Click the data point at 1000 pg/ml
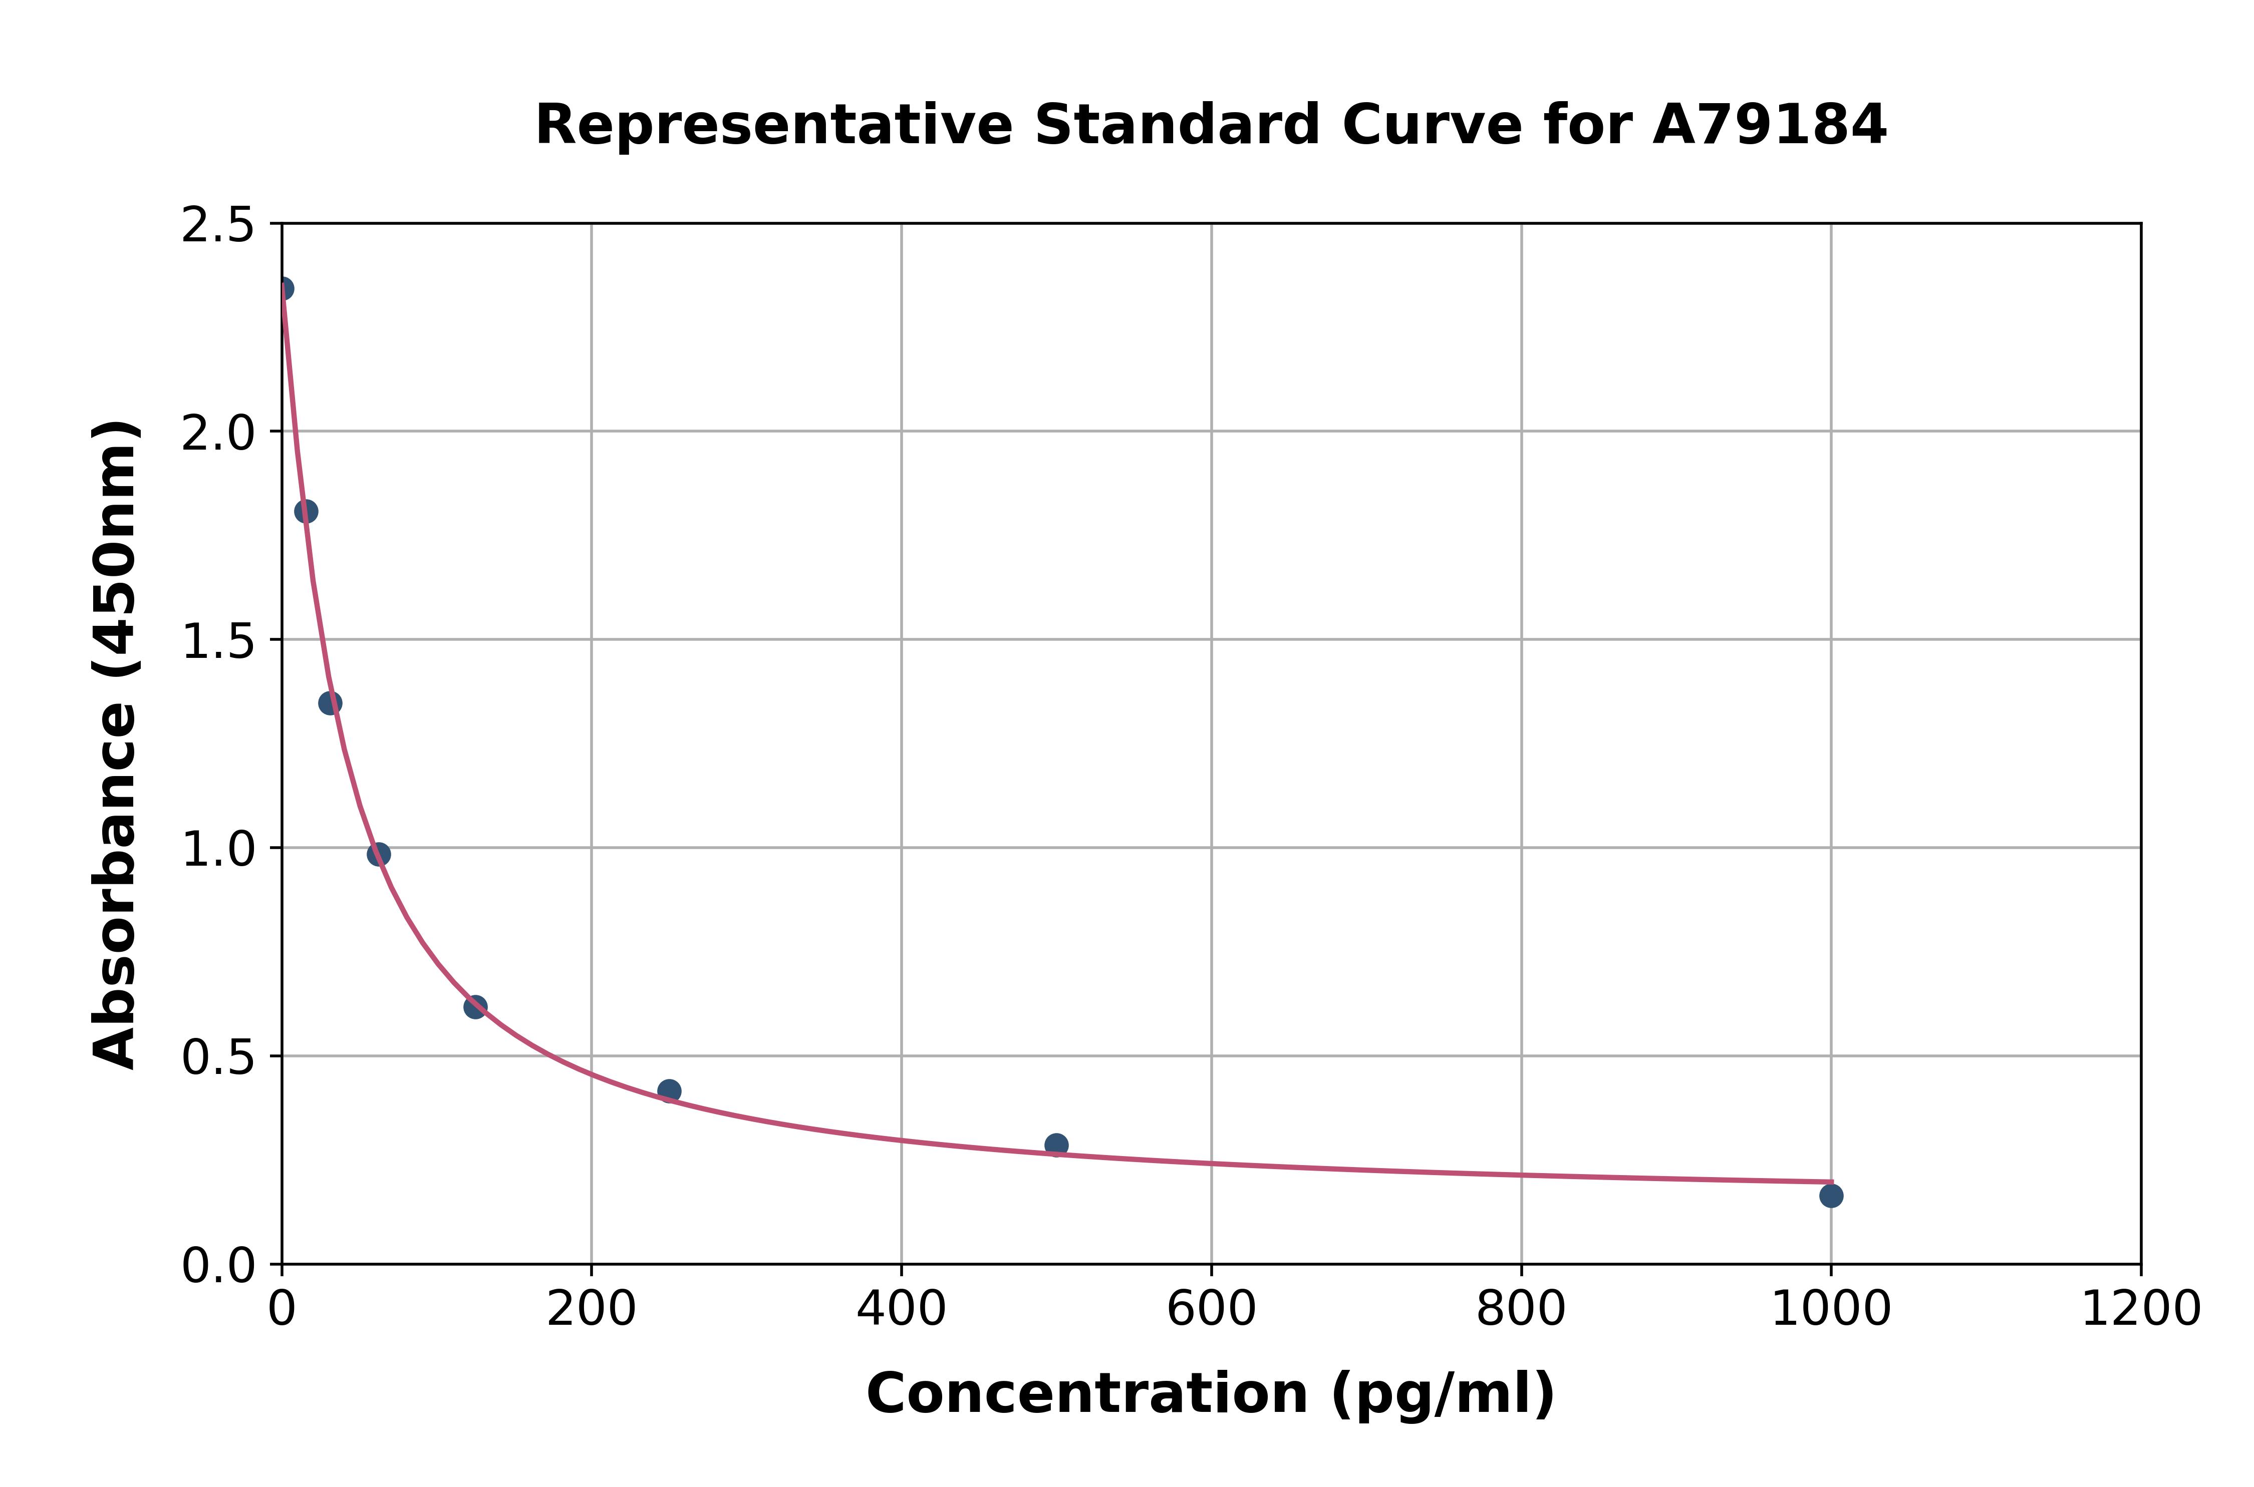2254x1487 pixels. click(x=1831, y=1196)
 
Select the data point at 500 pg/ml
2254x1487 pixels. click(x=1056, y=1145)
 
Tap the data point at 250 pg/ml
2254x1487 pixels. click(x=669, y=1090)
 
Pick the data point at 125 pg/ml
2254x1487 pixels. click(x=475, y=1007)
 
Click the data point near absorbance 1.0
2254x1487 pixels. click(x=379, y=855)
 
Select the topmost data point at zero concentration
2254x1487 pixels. click(x=283, y=288)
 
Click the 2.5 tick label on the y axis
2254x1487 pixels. click(x=218, y=226)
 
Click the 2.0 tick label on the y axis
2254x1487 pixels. click(x=218, y=434)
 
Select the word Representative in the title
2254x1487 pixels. click(x=774, y=125)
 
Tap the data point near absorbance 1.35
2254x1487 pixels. click(x=330, y=703)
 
